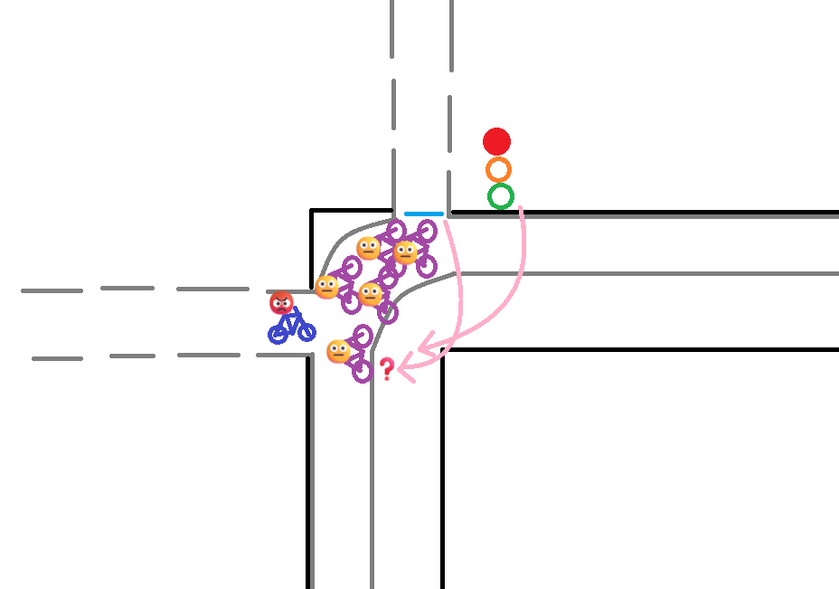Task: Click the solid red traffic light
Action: [496, 141]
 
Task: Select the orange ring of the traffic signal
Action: [498, 169]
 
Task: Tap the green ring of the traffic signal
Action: [501, 196]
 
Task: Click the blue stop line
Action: [424, 214]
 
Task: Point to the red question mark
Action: [387, 368]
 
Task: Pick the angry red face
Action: [282, 303]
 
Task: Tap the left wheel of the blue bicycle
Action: [278, 335]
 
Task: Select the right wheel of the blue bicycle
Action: [306, 332]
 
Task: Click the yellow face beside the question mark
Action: [339, 351]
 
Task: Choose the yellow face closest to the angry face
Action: [326, 287]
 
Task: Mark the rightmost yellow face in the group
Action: [406, 252]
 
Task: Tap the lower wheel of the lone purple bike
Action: [362, 371]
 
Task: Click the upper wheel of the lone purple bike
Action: [363, 336]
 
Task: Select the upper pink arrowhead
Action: [425, 344]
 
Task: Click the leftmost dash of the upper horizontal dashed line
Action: [52, 290]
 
